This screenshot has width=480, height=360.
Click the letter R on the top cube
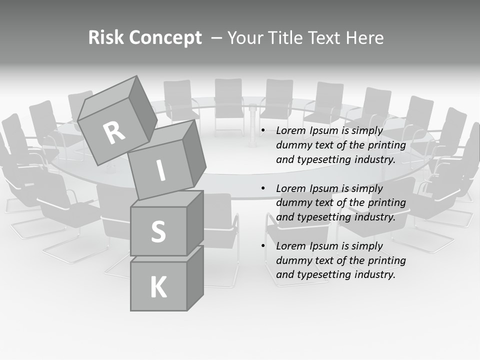point(114,132)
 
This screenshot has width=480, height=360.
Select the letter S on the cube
point(158,231)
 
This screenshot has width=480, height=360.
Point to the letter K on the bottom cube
point(158,287)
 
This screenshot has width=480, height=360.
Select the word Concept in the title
point(164,38)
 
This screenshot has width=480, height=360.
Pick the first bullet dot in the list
point(263,131)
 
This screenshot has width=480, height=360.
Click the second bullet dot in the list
point(263,188)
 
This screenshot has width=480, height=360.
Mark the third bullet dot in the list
point(263,246)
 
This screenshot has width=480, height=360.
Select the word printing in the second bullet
point(386,203)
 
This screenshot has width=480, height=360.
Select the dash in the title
point(216,38)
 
